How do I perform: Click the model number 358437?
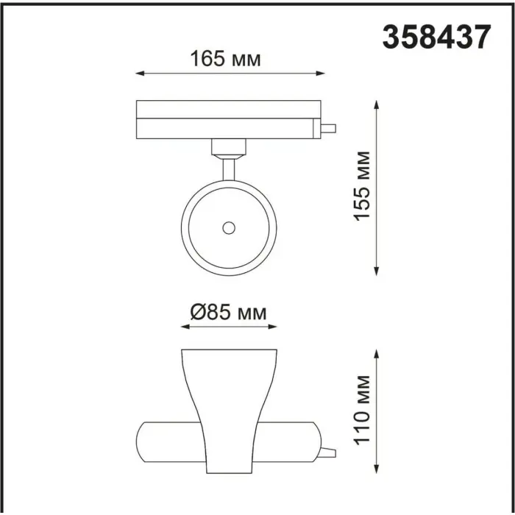[436, 37]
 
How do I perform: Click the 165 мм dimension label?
[225, 59]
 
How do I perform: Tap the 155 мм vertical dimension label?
[362, 186]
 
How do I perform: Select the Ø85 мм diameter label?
[229, 312]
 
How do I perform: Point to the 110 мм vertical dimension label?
[362, 411]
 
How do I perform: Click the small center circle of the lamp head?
[229, 227]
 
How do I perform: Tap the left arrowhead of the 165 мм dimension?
[141, 74]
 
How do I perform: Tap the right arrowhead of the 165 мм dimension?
[320, 74]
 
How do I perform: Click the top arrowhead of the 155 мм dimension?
[377, 104]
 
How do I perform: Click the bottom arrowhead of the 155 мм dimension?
[377, 271]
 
